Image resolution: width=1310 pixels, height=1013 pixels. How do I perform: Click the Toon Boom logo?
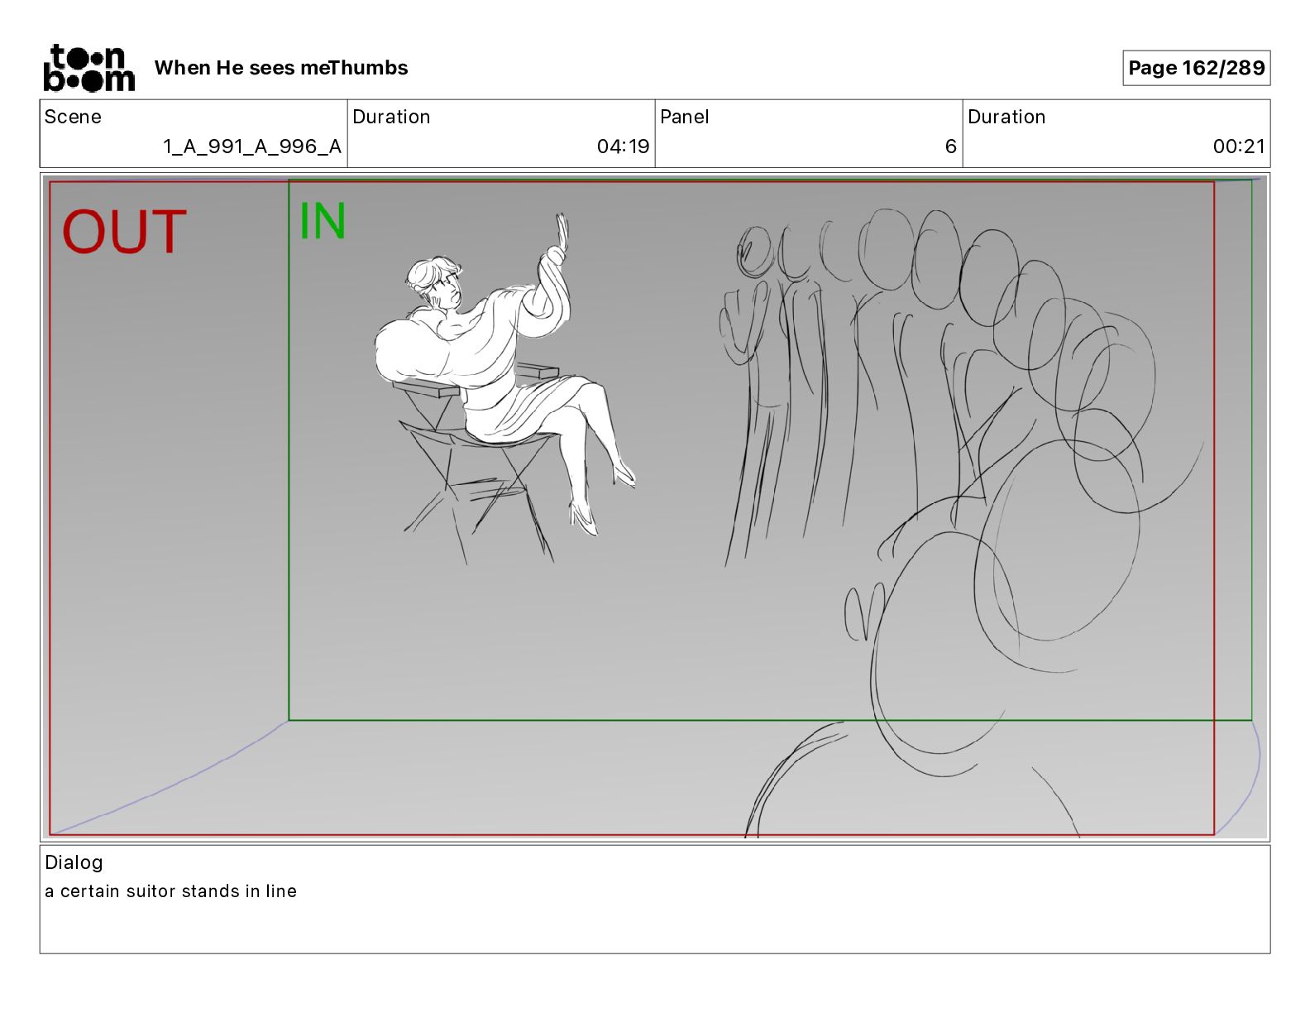point(89,68)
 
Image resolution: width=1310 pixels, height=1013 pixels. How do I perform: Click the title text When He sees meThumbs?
point(281,68)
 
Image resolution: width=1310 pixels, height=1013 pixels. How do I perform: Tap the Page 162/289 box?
point(1196,68)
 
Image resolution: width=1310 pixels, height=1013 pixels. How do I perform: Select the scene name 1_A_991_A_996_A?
point(252,146)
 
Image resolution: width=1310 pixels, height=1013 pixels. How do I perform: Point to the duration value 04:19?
point(623,146)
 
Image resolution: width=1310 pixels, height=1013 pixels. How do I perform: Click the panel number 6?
point(951,146)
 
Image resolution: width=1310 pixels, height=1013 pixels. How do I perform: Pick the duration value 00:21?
point(1239,146)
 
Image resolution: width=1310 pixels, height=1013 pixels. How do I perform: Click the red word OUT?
point(124,231)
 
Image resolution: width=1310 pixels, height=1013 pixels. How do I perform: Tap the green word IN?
point(323,221)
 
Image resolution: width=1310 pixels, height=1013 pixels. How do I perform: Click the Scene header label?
point(73,117)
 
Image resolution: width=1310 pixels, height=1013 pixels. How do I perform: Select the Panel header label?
point(684,117)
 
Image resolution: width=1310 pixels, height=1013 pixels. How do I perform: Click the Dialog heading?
point(74,862)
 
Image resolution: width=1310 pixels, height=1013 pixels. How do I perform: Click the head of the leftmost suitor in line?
point(755,252)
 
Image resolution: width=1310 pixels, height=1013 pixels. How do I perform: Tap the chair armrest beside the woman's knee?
point(538,371)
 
